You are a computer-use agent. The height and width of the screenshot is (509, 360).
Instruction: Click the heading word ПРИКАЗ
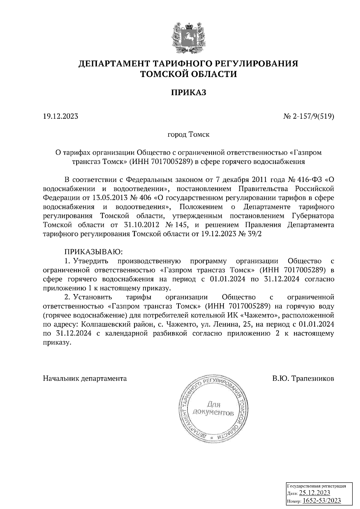pyautogui.click(x=189, y=93)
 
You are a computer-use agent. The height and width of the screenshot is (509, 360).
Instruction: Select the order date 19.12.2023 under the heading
pyautogui.click(x=61, y=116)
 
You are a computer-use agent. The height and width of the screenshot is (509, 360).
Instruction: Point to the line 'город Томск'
pyautogui.click(x=188, y=134)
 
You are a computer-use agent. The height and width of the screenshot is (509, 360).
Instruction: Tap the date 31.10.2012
pyautogui.click(x=141, y=225)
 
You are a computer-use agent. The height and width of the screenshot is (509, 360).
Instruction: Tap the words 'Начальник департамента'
pyautogui.click(x=85, y=378)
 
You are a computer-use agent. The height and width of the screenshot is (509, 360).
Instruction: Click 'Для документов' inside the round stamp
pyautogui.click(x=213, y=409)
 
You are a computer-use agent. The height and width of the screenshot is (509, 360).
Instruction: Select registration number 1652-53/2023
pyautogui.click(x=321, y=501)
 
